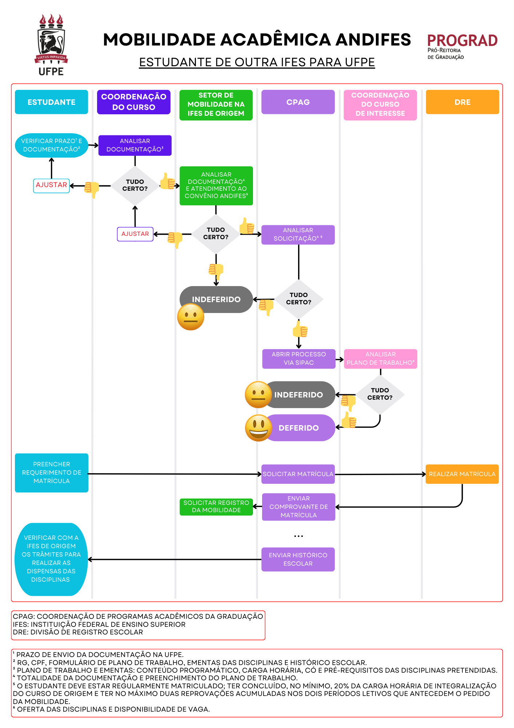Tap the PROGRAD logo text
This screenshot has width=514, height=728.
point(462,41)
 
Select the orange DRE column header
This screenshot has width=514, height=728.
point(462,102)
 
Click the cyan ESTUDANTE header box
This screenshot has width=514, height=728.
point(52,102)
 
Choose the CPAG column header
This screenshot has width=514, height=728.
point(298,102)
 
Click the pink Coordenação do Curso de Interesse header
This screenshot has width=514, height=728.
point(380,104)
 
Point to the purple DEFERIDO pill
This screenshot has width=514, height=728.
point(299,428)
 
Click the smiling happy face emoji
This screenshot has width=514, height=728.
point(258,428)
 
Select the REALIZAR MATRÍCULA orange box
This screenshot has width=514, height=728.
point(462,474)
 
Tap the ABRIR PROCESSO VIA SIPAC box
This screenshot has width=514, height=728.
point(299,359)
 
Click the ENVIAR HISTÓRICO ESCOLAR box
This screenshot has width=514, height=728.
point(298,559)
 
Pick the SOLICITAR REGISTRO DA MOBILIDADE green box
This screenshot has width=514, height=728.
point(216,507)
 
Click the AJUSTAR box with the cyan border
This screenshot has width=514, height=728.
point(51,185)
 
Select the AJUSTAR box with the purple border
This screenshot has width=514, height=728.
point(135,234)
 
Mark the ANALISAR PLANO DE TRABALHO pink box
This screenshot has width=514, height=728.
point(380,359)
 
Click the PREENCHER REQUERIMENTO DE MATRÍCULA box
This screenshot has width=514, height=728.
point(52,473)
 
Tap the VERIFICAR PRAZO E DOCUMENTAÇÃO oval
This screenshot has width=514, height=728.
point(52,145)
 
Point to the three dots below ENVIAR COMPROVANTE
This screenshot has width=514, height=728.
point(298,536)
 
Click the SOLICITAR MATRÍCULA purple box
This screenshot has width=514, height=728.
point(298,474)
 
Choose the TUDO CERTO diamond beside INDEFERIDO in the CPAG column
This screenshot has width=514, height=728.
point(299,299)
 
